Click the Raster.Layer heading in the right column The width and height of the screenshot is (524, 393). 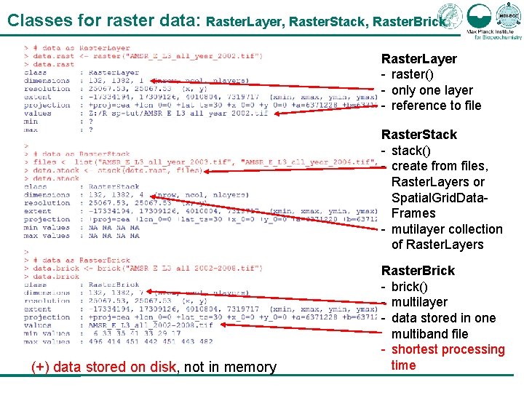419,59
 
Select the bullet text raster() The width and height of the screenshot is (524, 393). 412,74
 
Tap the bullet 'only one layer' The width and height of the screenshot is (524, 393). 432,90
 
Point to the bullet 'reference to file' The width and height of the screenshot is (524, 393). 436,106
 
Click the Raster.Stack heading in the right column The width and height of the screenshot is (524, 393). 419,135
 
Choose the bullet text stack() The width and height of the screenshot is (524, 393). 411,151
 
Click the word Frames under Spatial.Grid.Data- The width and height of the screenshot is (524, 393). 413,213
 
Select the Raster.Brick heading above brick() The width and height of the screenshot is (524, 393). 418,271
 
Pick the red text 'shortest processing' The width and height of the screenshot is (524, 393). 448,349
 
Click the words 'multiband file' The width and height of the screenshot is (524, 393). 429,334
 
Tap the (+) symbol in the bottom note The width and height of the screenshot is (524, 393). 41,368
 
